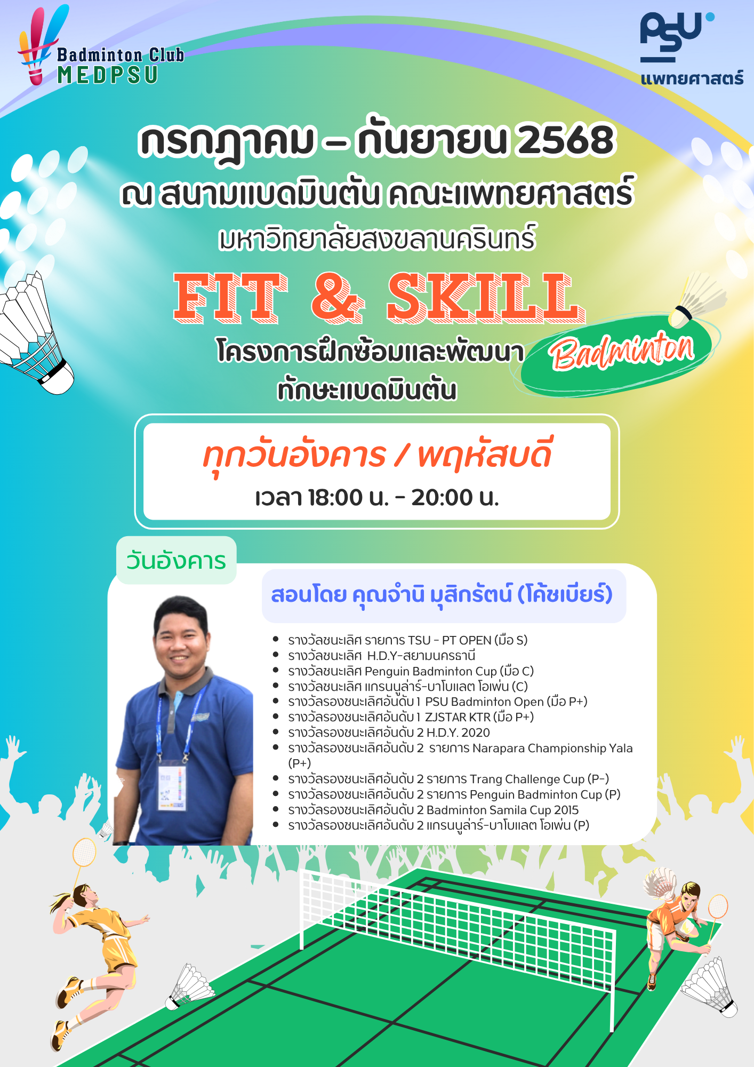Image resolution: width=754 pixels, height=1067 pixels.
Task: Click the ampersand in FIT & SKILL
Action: coord(338,298)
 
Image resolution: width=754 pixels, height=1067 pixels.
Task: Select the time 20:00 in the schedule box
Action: coord(442,497)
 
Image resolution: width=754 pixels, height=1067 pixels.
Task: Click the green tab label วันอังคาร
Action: coord(176,561)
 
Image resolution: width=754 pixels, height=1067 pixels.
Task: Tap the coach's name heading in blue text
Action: coord(442,595)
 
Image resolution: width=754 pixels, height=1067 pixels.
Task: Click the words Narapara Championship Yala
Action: coord(552,749)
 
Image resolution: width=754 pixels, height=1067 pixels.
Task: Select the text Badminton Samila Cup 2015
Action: coord(502,810)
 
